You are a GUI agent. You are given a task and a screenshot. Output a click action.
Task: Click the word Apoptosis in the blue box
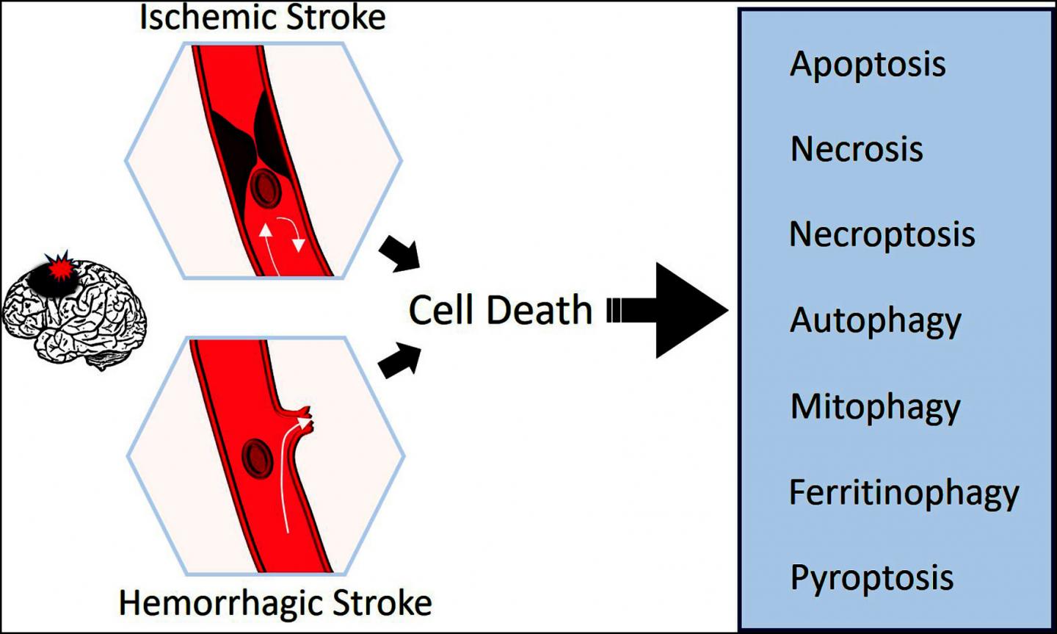tap(868, 65)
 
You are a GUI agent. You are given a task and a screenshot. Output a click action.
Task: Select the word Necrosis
tap(856, 149)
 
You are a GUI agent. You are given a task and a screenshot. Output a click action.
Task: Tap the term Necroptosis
tap(882, 235)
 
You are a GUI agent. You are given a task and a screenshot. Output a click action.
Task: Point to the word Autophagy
tap(875, 322)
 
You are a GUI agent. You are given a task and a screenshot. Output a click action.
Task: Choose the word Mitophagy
tap(875, 408)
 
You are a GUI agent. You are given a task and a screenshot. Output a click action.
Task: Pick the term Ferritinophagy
tap(904, 493)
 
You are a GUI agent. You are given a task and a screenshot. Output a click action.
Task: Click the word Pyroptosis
tap(871, 578)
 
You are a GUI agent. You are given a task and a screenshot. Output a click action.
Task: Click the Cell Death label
tap(500, 310)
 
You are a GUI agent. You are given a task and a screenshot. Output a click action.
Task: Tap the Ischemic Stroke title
tap(262, 17)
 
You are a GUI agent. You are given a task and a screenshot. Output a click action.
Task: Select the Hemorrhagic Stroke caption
tap(275, 603)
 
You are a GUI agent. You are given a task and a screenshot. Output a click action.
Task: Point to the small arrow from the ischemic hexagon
tap(399, 254)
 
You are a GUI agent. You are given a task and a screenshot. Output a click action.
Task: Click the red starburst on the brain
tap(60, 268)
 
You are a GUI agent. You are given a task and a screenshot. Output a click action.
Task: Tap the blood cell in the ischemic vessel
tap(265, 190)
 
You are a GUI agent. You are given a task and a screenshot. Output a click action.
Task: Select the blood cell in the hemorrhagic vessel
tap(257, 457)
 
